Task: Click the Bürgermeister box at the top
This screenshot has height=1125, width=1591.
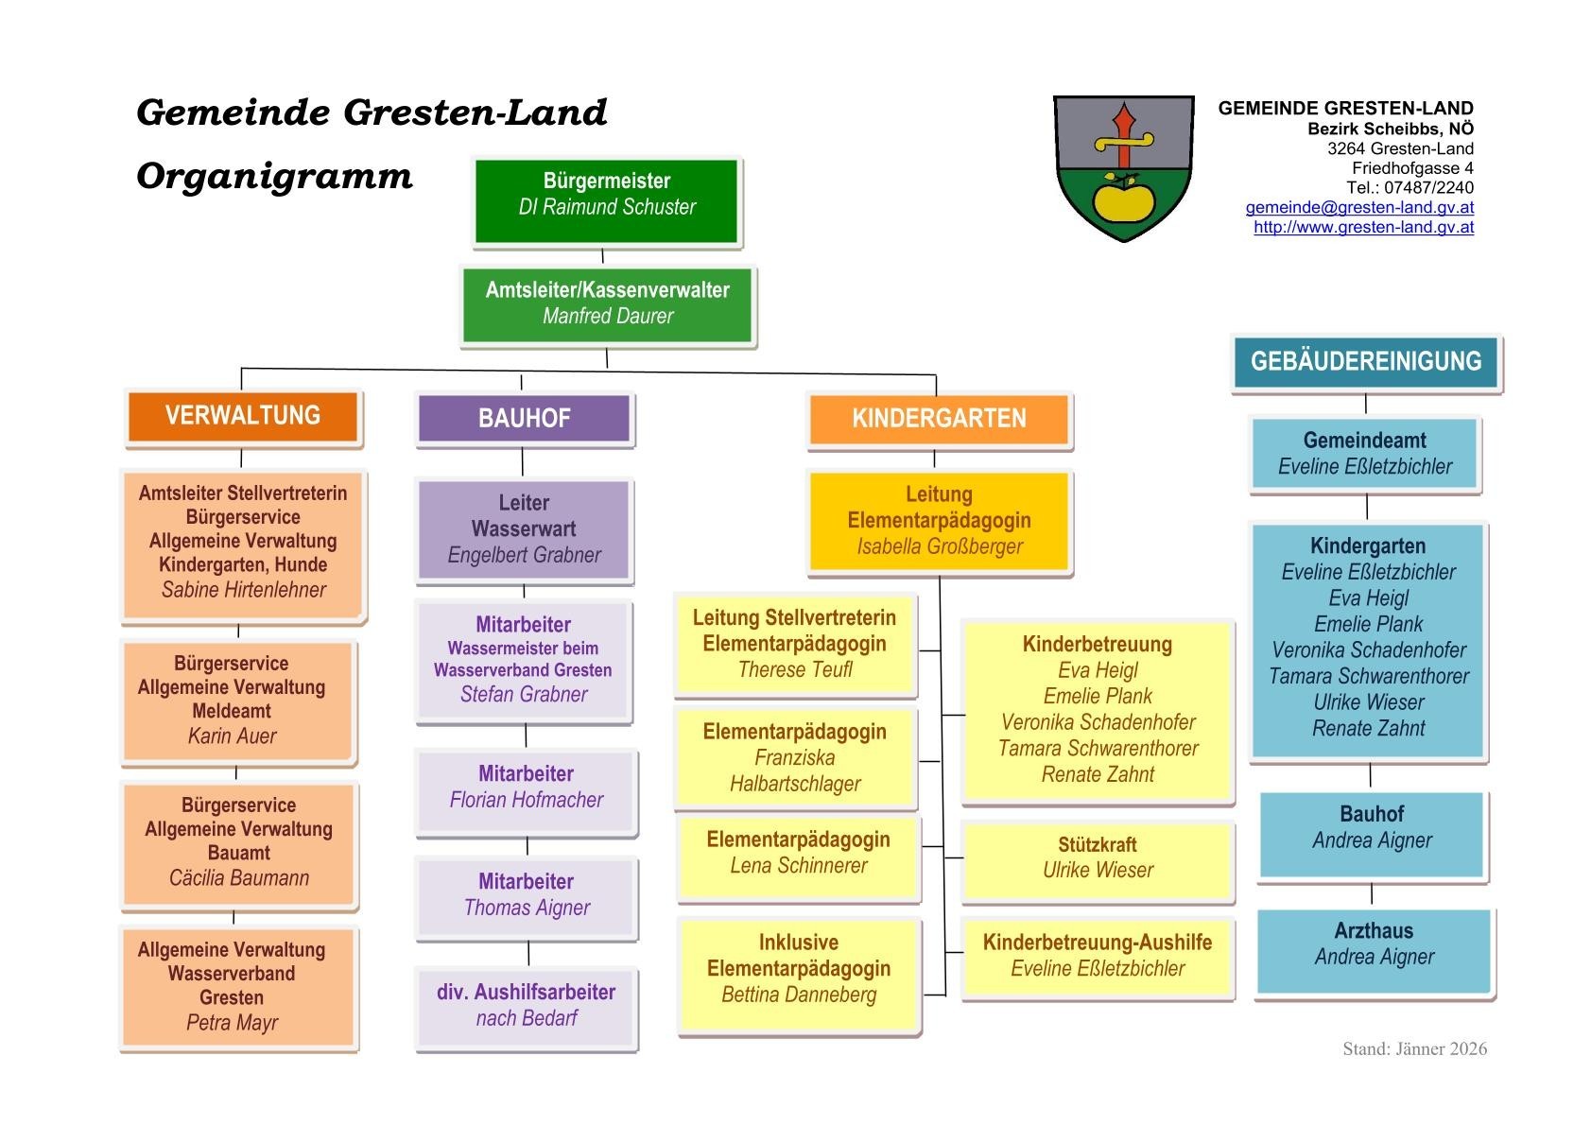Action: [x=606, y=201]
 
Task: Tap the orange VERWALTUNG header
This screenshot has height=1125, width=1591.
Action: [x=243, y=416]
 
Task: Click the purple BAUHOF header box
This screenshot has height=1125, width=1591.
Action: [x=524, y=419]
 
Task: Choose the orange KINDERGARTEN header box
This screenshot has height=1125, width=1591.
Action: [x=939, y=419]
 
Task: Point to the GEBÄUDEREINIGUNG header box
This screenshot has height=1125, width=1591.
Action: [x=1365, y=361]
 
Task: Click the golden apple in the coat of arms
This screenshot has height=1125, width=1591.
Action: [x=1122, y=199]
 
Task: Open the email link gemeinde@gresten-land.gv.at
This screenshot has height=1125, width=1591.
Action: [x=1358, y=207]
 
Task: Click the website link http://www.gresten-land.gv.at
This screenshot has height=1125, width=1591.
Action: [x=1363, y=227]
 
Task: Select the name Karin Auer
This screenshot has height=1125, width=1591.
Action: [x=232, y=736]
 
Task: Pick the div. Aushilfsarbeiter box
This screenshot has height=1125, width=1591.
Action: [x=526, y=1006]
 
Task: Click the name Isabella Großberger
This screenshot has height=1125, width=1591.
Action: [x=940, y=546]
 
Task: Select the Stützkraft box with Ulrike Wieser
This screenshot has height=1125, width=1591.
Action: [x=1098, y=858]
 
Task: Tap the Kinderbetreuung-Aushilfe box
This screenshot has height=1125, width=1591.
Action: [x=1098, y=956]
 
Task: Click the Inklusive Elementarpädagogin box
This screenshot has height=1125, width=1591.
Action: [x=799, y=969]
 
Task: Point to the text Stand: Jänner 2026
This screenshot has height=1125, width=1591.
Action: [x=1414, y=1048]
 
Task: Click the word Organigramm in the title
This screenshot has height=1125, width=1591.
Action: [x=274, y=177]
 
